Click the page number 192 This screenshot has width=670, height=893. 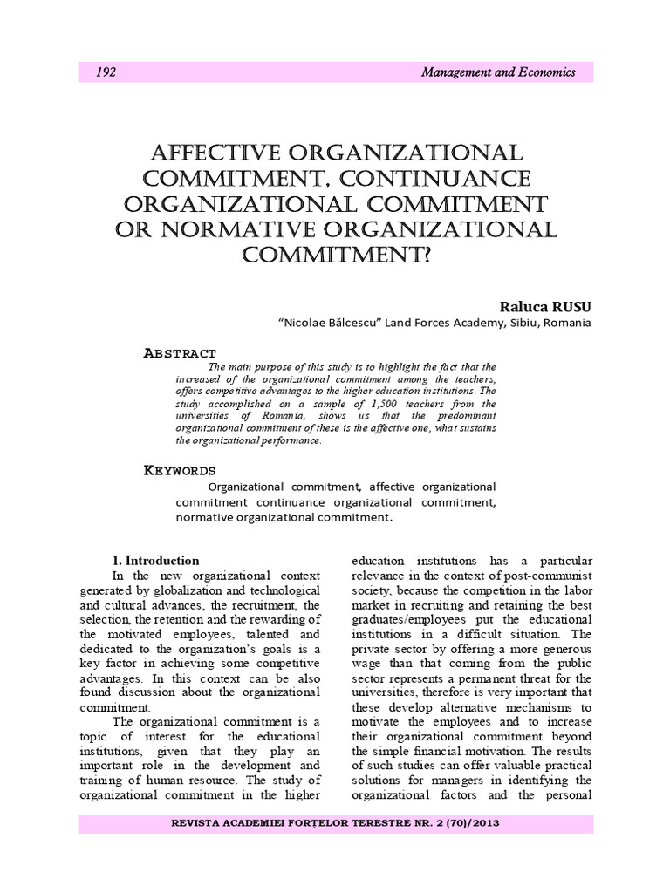[x=107, y=73]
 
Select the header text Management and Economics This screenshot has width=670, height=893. [x=497, y=73]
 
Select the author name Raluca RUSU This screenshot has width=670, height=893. [x=545, y=306]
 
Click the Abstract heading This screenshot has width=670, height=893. [x=179, y=352]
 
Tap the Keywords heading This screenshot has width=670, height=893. [x=179, y=471]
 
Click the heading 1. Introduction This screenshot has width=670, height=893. [x=157, y=561]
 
